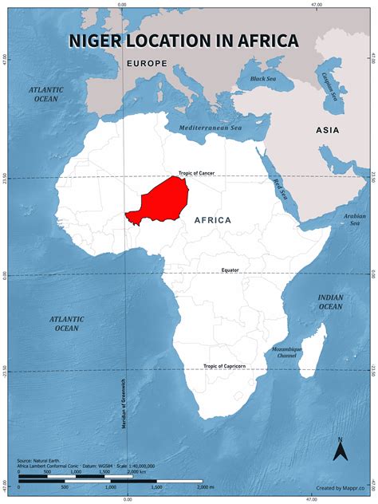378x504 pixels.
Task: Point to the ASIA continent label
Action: [x=327, y=130]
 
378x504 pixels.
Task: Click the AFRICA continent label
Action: [x=211, y=219]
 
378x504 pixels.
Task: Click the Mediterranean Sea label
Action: [x=210, y=128]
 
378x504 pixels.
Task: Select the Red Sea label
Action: [x=281, y=189]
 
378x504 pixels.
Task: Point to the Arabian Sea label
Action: [x=354, y=219]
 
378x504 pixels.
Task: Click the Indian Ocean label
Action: [x=330, y=301]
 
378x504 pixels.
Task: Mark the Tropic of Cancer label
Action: [x=196, y=174]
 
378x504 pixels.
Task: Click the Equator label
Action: [x=230, y=270]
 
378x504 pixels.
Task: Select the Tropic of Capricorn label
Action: [x=224, y=366]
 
